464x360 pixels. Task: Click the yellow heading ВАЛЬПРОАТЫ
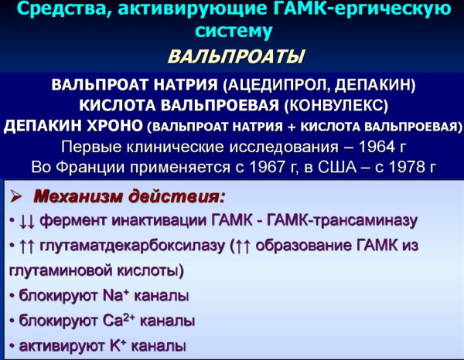point(236,56)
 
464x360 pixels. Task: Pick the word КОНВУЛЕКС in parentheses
point(336,105)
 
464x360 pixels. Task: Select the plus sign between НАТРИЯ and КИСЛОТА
point(292,127)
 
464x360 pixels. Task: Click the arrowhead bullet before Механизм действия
point(15,196)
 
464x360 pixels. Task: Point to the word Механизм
point(78,196)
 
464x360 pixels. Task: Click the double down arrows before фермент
point(27,222)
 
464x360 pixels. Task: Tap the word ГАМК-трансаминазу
point(342,221)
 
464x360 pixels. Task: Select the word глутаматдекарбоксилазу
point(132,246)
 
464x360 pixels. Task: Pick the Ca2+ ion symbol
point(119,320)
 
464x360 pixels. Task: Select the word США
point(337,167)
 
